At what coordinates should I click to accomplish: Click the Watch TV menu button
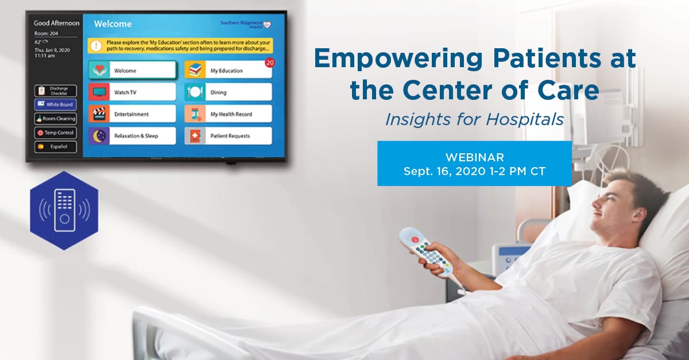132,92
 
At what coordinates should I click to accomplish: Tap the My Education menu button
228,70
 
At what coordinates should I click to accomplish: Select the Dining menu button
228,92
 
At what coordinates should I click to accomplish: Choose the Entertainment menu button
132,114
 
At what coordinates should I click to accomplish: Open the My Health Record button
228,114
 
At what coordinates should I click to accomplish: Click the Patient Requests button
228,136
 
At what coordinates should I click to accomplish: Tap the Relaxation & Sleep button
132,136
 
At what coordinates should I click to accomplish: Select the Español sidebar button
55,146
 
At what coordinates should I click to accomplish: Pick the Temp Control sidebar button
55,133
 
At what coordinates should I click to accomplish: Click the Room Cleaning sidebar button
55,119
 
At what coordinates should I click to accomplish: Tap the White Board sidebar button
55,104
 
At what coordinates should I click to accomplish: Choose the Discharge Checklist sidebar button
55,91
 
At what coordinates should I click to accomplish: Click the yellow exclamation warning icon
96,45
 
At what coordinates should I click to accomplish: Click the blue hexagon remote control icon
64,210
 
